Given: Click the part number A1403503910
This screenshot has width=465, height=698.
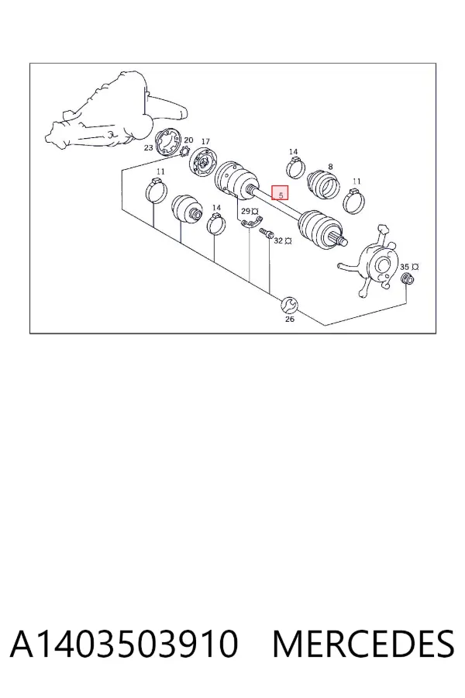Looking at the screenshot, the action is (x=124, y=643).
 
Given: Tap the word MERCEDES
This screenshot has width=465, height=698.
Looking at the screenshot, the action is (x=363, y=643).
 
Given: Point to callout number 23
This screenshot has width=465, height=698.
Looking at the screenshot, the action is (x=148, y=147).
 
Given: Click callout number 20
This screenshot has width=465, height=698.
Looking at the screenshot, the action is (x=188, y=140).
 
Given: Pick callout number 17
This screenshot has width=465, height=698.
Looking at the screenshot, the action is (x=205, y=142).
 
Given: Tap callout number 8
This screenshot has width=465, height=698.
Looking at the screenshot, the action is (x=330, y=167).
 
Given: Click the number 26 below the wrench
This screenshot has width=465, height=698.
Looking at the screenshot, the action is (x=290, y=319).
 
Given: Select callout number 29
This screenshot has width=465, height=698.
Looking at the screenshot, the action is (x=246, y=211).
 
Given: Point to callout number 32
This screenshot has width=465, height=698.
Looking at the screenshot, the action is (x=278, y=240).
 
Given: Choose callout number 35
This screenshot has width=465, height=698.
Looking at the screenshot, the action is (x=405, y=267).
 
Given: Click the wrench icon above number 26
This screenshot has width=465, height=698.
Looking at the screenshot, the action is (x=289, y=305).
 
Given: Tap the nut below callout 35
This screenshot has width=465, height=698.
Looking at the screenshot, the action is (x=408, y=279).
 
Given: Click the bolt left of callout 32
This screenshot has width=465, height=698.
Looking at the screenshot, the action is (x=266, y=233).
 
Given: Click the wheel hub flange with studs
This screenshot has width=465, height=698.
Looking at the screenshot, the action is (x=376, y=264).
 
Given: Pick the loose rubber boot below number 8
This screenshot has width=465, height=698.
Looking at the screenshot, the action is (x=323, y=183).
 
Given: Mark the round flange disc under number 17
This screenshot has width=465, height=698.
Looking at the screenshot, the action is (x=204, y=163).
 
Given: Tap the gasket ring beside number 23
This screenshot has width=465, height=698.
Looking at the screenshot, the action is (x=169, y=143).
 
